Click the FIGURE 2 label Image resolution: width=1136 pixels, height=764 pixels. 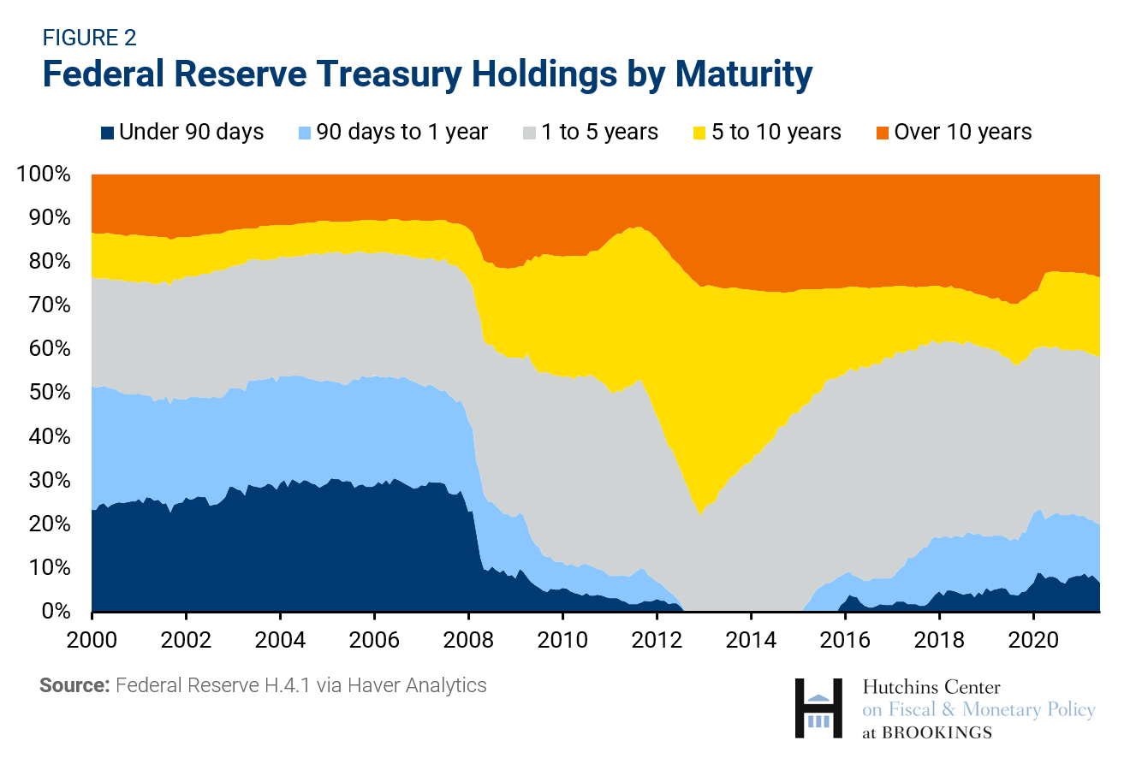pyautogui.click(x=89, y=38)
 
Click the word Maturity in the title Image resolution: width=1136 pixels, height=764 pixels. pyautogui.click(x=742, y=75)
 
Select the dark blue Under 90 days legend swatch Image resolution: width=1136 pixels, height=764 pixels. pyautogui.click(x=108, y=133)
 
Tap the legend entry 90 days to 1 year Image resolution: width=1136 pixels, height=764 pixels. pyautogui.click(x=401, y=133)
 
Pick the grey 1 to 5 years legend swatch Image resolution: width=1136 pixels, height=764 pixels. pyautogui.click(x=529, y=133)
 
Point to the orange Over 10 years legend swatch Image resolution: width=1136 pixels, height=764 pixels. pyautogui.click(x=881, y=133)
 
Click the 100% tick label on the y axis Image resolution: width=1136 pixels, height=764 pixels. pyautogui.click(x=43, y=175)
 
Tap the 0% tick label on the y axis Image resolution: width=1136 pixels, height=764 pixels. pyautogui.click(x=53, y=612)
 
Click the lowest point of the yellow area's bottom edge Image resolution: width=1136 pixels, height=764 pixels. pyautogui.click(x=700, y=514)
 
